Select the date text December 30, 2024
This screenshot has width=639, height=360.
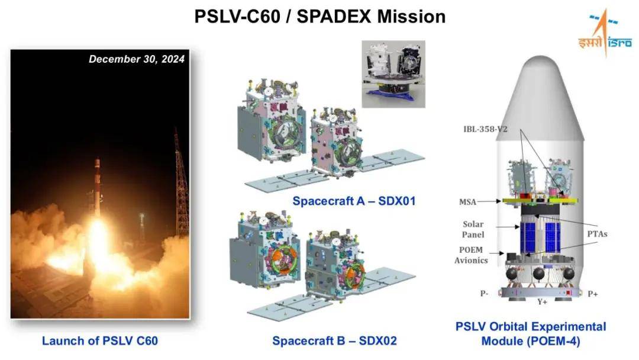tap(137, 59)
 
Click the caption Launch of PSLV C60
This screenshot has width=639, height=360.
tap(100, 341)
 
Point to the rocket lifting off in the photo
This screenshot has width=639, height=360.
tap(98, 184)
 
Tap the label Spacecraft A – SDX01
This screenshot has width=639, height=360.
tap(354, 201)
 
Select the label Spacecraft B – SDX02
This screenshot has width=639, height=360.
tap(334, 341)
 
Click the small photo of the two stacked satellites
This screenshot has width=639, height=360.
tap(393, 74)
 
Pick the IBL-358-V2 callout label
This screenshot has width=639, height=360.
tap(485, 129)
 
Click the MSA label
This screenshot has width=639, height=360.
tap(467, 202)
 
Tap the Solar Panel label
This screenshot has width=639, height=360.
tap(473, 230)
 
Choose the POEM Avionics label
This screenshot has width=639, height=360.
tap(471, 255)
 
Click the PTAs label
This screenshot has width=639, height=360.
tap(597, 234)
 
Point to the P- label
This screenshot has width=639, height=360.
tap(484, 294)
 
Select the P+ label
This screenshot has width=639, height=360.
tap(593, 294)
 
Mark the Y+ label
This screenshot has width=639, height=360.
tap(542, 302)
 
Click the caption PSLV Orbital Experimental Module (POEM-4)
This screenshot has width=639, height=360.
tap(531, 333)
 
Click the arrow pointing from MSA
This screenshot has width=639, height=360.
tap(489, 201)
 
